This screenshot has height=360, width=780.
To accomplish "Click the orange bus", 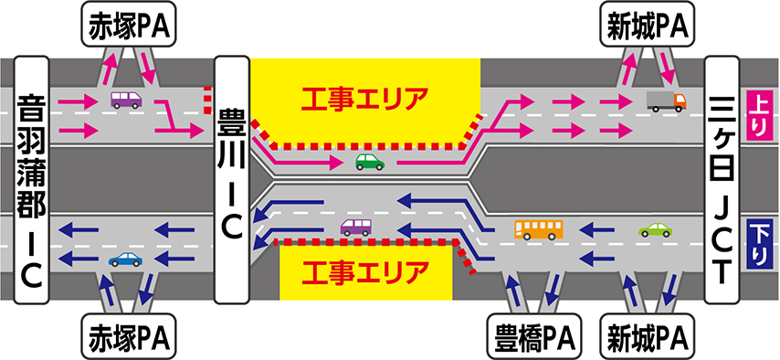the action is [x=539, y=230].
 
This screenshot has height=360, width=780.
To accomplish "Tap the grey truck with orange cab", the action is [x=667, y=101].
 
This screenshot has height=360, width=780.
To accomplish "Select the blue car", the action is [x=125, y=259].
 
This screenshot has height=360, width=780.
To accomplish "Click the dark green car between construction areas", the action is [x=370, y=162].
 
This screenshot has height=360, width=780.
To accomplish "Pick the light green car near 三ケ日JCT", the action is [x=655, y=229].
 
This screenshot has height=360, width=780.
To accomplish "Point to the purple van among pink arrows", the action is [x=126, y=100].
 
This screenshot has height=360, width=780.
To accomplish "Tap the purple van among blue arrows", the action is [x=355, y=227].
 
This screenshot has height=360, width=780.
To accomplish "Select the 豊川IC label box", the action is [x=231, y=179].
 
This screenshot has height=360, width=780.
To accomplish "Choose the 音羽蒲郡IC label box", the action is [x=32, y=179].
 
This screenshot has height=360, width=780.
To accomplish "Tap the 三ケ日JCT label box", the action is [x=722, y=179].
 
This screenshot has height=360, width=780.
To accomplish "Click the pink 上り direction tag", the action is [x=759, y=115].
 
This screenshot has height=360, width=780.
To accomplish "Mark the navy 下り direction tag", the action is [x=759, y=243].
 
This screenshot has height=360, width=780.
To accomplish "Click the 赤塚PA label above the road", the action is [x=130, y=29].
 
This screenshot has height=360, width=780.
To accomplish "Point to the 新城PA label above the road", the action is [x=648, y=29].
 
